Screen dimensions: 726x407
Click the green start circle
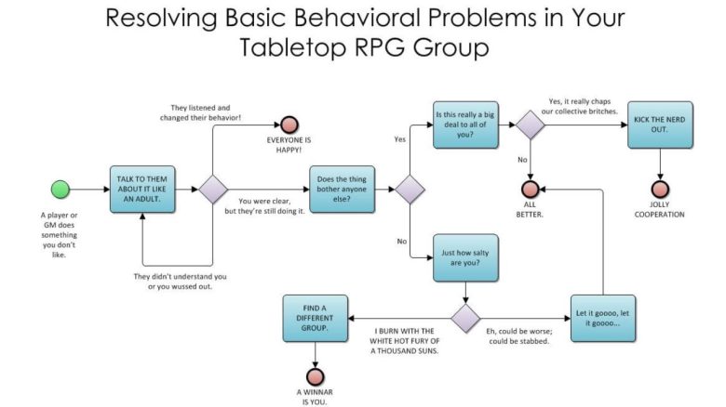tap(60, 190)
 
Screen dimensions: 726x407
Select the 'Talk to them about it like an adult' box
tap(142, 190)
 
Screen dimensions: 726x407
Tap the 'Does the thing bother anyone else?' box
tap(343, 190)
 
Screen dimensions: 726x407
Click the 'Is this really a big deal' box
tap(465, 125)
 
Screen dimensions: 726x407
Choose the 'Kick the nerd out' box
tap(660, 125)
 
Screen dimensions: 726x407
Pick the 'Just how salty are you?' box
tap(465, 257)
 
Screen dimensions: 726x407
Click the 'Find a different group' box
tap(316, 318)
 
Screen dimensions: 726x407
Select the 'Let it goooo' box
tap(603, 318)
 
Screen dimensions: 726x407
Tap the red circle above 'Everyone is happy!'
tap(289, 125)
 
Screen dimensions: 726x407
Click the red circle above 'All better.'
tap(531, 190)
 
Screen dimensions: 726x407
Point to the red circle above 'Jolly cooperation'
tap(660, 190)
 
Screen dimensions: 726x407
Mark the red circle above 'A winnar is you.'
tap(316, 377)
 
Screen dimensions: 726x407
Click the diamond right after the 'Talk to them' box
tap(213, 190)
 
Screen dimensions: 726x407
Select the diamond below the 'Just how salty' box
tap(465, 318)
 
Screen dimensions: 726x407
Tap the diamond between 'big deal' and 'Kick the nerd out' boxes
tap(531, 125)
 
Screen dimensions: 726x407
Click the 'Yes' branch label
tap(400, 139)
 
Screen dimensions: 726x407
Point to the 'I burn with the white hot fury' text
tap(405, 341)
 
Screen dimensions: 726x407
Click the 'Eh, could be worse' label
tap(519, 336)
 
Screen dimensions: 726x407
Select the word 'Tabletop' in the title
tap(293, 47)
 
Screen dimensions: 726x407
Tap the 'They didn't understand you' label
tap(181, 282)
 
